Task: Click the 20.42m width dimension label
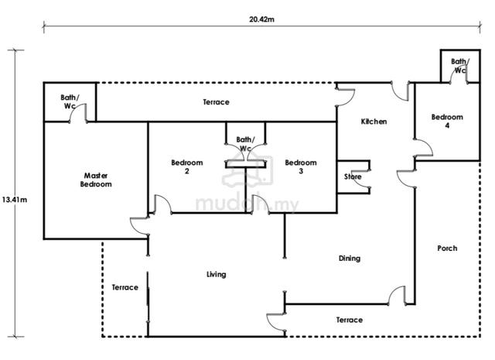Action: tap(261, 19)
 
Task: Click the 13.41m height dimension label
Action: tap(14, 200)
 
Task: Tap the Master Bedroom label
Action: tap(96, 180)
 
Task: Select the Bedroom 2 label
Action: tap(187, 166)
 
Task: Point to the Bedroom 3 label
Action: tap(301, 166)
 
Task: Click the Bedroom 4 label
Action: tap(447, 121)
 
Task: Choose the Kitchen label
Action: tap(374, 122)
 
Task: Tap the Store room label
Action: tap(353, 177)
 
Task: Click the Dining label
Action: tap(350, 259)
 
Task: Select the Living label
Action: tap(217, 274)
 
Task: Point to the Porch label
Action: tap(447, 248)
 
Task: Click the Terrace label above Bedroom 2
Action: tap(216, 102)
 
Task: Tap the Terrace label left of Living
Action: tap(125, 287)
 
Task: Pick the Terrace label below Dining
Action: tap(349, 320)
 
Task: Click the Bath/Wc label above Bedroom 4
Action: tap(459, 66)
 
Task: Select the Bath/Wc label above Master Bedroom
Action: tap(70, 101)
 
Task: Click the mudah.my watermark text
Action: tap(247, 204)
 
